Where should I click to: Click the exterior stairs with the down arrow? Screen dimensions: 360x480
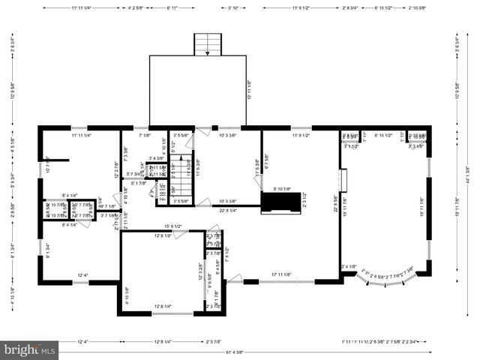click(x=206, y=44)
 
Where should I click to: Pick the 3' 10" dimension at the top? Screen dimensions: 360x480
click(x=232, y=8)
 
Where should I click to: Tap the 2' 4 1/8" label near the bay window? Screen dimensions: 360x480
click(x=349, y=266)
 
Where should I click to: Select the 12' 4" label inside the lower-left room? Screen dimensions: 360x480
click(x=83, y=275)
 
